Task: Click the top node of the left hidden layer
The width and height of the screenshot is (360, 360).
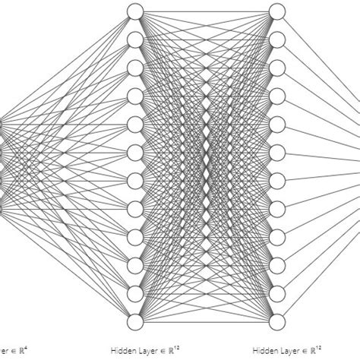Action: click(135, 11)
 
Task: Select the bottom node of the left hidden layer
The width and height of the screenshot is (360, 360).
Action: click(135, 320)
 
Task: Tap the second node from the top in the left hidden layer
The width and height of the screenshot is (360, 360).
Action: click(135, 39)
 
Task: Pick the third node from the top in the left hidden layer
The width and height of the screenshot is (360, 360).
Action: click(135, 67)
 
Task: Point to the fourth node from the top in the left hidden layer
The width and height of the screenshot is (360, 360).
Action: click(135, 95)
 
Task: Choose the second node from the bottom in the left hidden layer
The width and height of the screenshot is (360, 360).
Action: click(135, 292)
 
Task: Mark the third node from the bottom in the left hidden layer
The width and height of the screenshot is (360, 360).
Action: click(135, 264)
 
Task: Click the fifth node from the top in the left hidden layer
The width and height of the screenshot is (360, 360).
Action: click(135, 123)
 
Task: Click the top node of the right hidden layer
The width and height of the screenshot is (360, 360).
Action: click(277, 11)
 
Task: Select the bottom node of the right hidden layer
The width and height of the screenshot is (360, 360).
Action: click(277, 320)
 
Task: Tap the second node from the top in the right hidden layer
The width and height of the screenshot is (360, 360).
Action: click(277, 39)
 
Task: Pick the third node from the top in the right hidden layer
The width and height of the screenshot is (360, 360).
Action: click(277, 67)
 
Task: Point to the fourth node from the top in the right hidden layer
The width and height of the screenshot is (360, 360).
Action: click(277, 95)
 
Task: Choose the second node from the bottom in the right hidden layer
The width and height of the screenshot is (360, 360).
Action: click(277, 292)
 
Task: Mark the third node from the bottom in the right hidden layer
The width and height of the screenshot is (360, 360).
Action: click(277, 264)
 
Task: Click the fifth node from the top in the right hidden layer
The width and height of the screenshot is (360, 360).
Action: click(277, 123)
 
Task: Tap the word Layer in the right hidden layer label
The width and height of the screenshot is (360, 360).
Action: click(285, 351)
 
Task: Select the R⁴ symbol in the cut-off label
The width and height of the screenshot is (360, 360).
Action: click(24, 350)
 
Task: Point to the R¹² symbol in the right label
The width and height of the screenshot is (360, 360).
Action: click(317, 350)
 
